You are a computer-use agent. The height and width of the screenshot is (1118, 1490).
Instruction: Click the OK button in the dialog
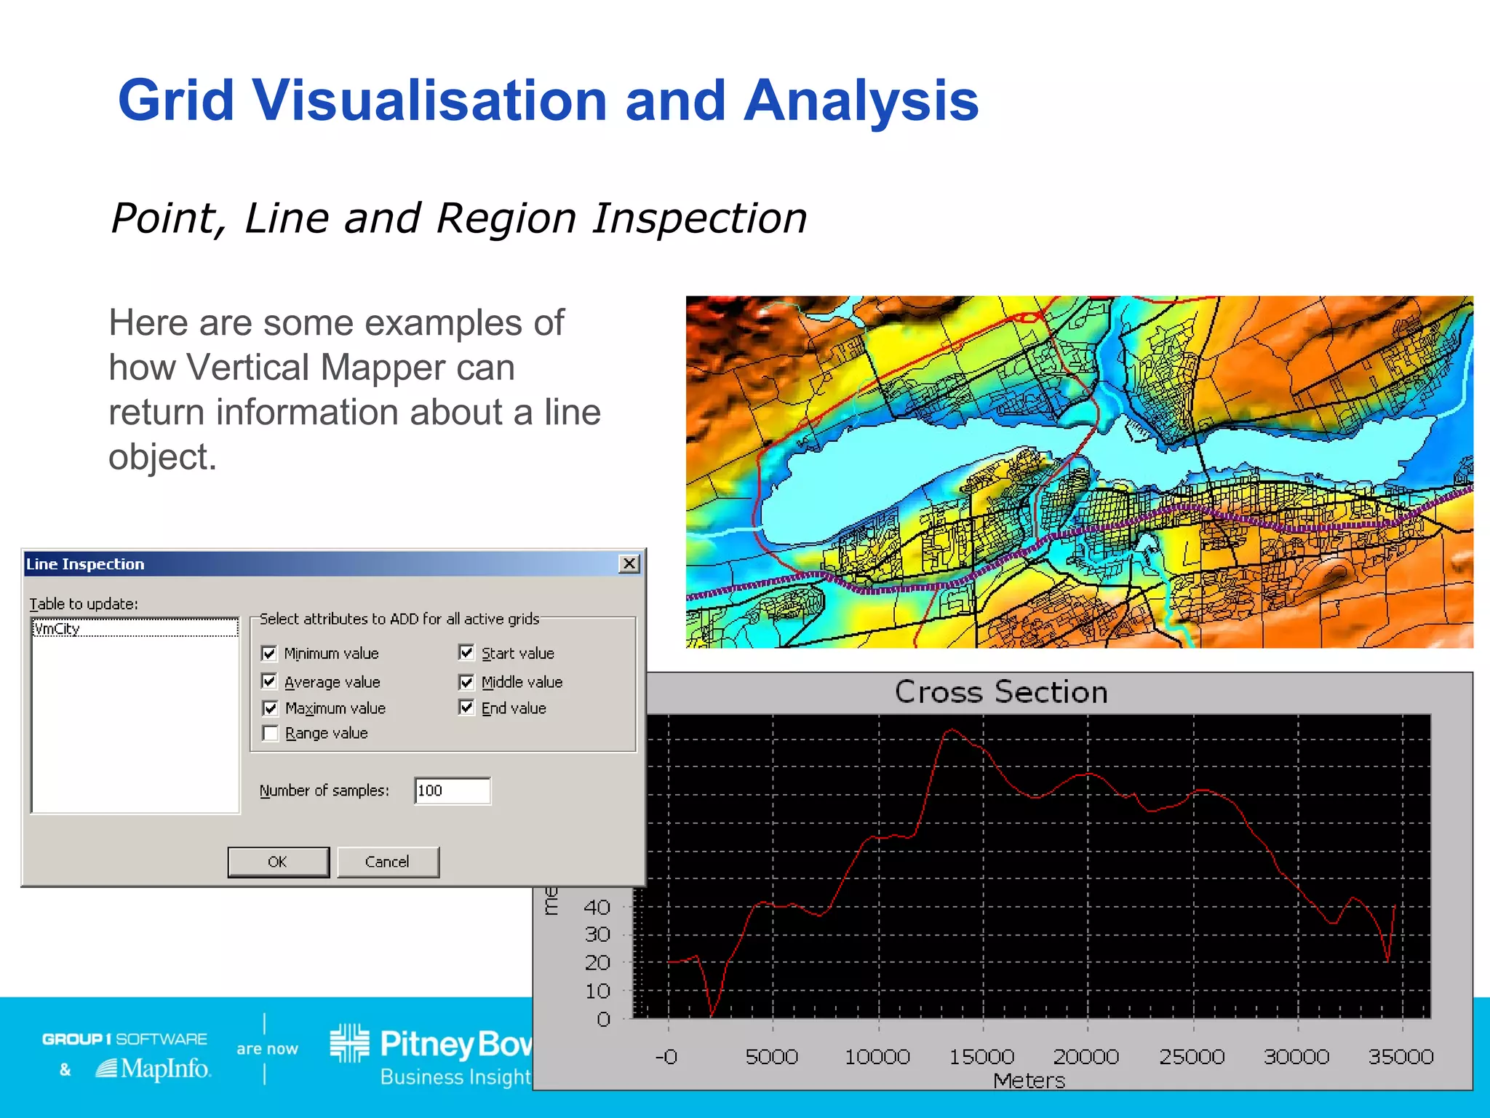278,862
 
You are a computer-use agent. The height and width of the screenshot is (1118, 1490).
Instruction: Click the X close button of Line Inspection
629,563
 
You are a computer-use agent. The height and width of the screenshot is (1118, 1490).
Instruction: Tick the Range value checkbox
270,733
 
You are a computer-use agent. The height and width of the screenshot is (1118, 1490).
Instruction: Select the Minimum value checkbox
269,653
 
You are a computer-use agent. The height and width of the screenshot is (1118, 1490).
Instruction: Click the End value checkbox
466,707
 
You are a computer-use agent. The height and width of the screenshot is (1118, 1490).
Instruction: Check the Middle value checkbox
466,682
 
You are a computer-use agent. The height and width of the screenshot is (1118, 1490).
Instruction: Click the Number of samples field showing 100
452,790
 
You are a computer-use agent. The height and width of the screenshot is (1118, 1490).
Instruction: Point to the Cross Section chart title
1000,691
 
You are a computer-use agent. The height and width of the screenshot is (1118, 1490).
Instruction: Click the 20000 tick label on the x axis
1085,1056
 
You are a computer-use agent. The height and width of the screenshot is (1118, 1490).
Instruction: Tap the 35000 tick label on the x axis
1401,1056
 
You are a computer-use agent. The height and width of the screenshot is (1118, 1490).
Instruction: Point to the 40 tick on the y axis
597,907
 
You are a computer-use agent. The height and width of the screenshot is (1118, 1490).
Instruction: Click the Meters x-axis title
1029,1081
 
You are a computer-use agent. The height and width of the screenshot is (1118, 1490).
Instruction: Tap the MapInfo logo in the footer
154,1069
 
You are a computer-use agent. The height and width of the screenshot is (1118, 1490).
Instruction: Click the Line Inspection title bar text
85,564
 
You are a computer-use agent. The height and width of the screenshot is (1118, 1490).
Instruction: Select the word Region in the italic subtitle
505,218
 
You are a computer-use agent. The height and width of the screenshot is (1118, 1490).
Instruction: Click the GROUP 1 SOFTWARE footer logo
124,1039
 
